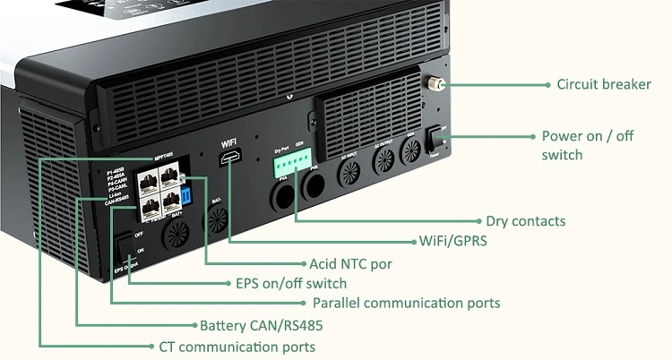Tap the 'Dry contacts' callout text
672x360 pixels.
pyautogui.click(x=525, y=221)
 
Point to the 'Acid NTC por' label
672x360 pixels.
pyautogui.click(x=350, y=264)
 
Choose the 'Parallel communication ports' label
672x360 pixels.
pyautogui.click(x=406, y=304)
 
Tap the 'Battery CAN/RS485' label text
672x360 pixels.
pyautogui.click(x=262, y=325)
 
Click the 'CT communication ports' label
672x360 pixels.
pyautogui.click(x=237, y=347)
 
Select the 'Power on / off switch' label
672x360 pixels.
pyautogui.click(x=587, y=145)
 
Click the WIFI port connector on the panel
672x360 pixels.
pyautogui.click(x=231, y=161)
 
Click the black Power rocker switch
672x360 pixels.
pyautogui.click(x=436, y=140)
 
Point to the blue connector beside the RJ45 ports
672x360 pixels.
pyautogui.click(x=185, y=196)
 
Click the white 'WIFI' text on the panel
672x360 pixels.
pyautogui.click(x=231, y=143)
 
